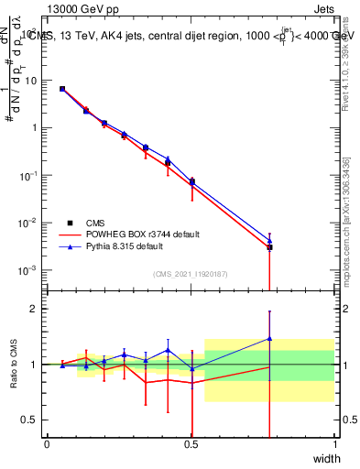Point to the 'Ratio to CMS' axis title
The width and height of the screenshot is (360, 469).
coord(14,365)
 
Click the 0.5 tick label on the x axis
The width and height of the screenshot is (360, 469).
coord(191,444)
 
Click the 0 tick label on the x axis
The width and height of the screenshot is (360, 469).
coord(48,444)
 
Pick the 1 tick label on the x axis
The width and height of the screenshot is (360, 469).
coord(334,444)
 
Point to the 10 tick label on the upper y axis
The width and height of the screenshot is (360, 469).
coord(33,81)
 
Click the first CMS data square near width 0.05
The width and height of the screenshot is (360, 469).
coord(62,89)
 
